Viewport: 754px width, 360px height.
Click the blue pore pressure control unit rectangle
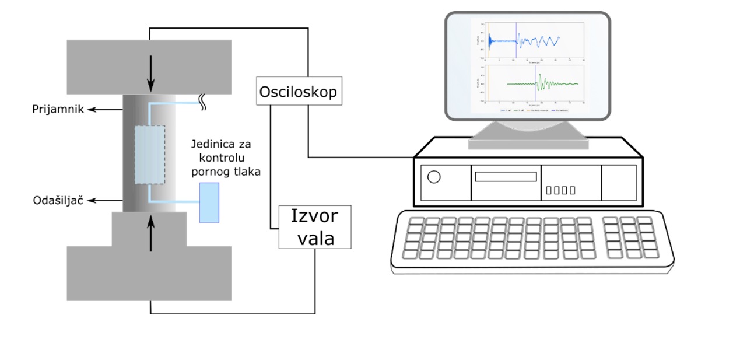[209, 202]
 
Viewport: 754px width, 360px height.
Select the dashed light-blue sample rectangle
[150, 155]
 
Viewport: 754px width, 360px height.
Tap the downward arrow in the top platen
[150, 73]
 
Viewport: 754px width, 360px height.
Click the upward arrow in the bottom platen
[150, 232]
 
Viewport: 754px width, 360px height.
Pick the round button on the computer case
[434, 177]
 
